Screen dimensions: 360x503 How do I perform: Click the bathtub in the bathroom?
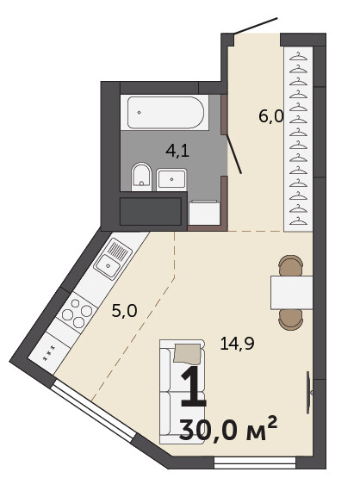click(x=164, y=112)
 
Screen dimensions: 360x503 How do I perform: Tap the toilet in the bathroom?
click(x=141, y=177)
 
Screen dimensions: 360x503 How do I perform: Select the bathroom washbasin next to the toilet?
click(x=171, y=179)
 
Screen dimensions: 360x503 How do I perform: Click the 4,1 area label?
click(x=177, y=151)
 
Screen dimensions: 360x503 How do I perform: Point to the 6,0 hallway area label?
click(x=271, y=116)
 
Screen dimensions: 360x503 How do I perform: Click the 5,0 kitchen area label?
click(x=124, y=311)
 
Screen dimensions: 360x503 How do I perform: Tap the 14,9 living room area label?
click(x=237, y=344)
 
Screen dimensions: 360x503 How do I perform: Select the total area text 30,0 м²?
click(x=228, y=429)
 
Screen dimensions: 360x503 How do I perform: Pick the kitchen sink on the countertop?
click(x=113, y=258)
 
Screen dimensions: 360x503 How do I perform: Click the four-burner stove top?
click(x=78, y=313)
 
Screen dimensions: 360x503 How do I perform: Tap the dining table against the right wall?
click(x=291, y=292)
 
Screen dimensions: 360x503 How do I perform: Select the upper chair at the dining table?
click(x=291, y=265)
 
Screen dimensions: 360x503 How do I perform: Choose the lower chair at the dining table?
click(x=291, y=320)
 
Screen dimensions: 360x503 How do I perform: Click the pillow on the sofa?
click(x=188, y=354)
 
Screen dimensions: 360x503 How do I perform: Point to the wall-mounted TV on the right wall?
click(x=308, y=393)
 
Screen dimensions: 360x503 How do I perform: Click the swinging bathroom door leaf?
click(x=234, y=154)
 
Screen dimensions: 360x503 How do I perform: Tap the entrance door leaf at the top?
click(x=256, y=25)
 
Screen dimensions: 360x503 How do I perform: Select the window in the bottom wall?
click(x=255, y=463)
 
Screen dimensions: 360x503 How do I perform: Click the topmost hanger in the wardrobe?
click(x=298, y=57)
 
